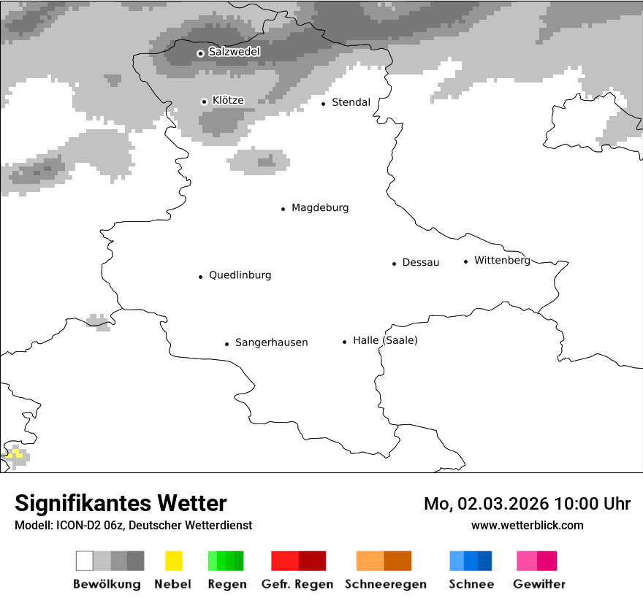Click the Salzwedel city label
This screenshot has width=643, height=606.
[x=234, y=52]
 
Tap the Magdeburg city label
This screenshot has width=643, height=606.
[x=320, y=208]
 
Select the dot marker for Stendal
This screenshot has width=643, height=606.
[x=324, y=104]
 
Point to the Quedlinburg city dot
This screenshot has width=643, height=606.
[x=200, y=277]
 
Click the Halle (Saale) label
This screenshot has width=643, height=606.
[x=385, y=341]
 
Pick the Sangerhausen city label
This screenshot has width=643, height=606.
[x=271, y=342]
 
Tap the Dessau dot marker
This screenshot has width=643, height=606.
[x=394, y=264]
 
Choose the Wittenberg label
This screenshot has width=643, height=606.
[x=502, y=261]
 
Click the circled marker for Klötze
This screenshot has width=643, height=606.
[x=204, y=101]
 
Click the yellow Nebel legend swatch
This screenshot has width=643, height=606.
[x=173, y=561]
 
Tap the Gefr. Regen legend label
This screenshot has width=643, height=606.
[x=297, y=584]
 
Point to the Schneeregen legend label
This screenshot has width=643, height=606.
[x=384, y=584]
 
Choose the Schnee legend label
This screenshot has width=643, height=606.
[x=471, y=584]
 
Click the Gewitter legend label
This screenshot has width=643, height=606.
[x=539, y=584]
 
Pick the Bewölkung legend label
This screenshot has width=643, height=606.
[x=107, y=584]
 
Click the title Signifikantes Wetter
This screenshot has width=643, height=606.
[x=121, y=503]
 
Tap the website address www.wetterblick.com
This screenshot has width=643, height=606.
[x=528, y=525]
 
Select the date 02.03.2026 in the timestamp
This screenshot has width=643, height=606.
[x=503, y=504]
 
